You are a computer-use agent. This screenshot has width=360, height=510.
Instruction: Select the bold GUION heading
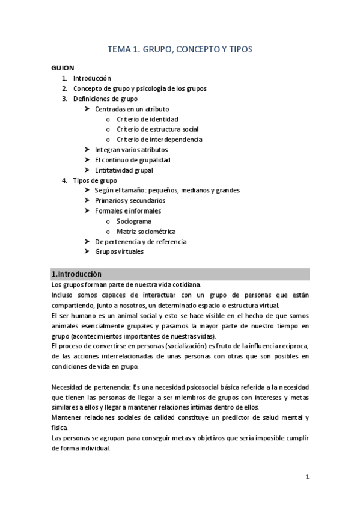coord(63,68)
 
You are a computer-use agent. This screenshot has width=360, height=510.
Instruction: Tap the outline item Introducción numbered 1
coord(92,78)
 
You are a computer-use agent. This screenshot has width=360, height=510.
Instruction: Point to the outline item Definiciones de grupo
coord(105,99)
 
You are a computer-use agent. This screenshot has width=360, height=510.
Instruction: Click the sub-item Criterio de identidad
coord(147,119)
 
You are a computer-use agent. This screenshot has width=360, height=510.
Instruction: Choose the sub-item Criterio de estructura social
coord(157,129)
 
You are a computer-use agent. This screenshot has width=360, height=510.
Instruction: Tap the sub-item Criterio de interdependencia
coord(159,140)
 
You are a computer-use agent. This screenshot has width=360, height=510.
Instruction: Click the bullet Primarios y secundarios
coord(130,200)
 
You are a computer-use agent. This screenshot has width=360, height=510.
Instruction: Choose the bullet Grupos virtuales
coord(119,251)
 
